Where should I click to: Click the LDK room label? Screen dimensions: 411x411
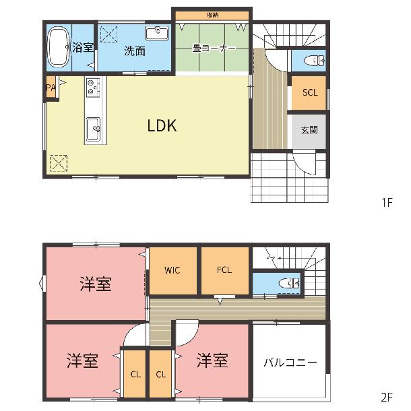(x=162, y=125)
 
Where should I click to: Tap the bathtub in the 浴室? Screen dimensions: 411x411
(x=59, y=46)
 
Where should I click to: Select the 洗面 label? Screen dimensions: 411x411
(x=135, y=51)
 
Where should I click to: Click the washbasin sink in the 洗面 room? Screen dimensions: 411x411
(x=157, y=33)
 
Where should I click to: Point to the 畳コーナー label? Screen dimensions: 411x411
(x=214, y=48)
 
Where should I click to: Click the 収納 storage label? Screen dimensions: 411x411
(x=213, y=15)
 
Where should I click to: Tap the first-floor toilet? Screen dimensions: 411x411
(x=315, y=61)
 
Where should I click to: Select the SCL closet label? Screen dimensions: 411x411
(x=310, y=92)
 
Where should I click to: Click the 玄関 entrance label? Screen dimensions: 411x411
(x=309, y=130)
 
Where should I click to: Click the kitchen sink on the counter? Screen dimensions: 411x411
(x=93, y=129)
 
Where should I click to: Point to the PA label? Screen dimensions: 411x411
(x=51, y=88)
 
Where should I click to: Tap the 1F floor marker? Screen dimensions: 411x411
(x=387, y=202)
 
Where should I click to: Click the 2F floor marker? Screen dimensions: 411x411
(x=387, y=398)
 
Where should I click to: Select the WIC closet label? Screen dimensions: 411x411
(x=172, y=270)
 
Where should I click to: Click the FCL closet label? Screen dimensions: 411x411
(x=224, y=270)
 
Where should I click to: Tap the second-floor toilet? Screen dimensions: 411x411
(x=289, y=284)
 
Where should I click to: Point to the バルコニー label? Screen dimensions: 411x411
(x=290, y=362)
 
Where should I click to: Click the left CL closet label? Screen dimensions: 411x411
(x=135, y=375)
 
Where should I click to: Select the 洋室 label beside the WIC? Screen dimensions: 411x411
(x=96, y=284)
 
